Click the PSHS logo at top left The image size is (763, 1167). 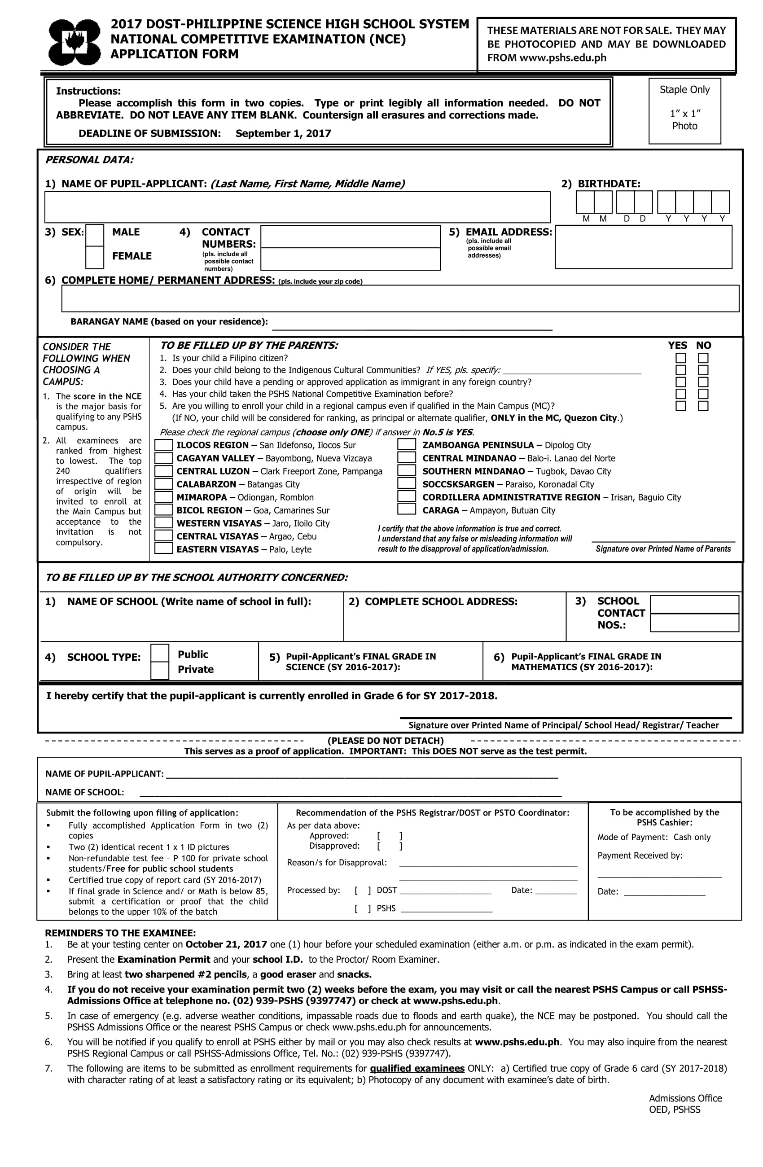pos(74,42)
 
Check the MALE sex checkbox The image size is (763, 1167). pos(95,234)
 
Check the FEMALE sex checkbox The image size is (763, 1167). pos(95,257)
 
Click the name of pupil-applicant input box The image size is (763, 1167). pos(297,207)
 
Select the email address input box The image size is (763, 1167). pos(643,246)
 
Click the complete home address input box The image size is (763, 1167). pos(399,298)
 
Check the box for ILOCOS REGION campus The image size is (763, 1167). pos(164,445)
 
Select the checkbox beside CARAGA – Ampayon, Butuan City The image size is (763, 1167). pos(407,509)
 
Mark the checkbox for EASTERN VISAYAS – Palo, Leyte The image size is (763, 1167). pos(164,548)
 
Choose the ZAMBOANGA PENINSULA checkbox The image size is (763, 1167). pos(407,444)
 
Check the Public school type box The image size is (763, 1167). pos(159,653)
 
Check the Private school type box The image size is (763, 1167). pos(159,670)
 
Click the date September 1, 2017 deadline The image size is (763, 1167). pos(283,133)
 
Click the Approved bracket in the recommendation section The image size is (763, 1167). pos(389,836)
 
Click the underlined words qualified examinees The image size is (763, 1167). pos(417,1068)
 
